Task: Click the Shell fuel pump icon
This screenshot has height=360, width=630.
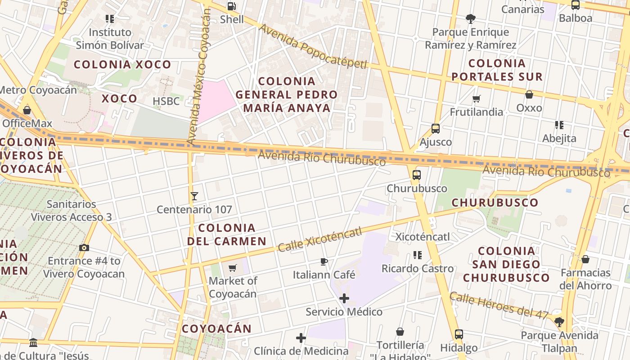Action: tap(231, 6)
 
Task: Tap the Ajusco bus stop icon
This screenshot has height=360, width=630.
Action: tap(435, 129)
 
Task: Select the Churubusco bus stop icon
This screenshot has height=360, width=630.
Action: tap(417, 175)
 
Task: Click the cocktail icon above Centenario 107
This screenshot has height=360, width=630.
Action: tap(194, 196)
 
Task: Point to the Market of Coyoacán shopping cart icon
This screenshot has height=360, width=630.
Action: tap(233, 268)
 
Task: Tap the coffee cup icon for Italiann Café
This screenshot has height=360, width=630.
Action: tap(324, 261)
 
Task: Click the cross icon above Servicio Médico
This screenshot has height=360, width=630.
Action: tap(344, 298)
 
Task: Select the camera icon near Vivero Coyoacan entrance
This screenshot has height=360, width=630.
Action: tap(84, 247)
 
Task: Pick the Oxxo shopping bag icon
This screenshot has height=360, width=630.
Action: tap(529, 94)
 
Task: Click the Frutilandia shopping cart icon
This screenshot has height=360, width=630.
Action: tap(477, 99)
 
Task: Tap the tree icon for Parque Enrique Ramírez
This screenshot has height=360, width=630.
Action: tap(471, 19)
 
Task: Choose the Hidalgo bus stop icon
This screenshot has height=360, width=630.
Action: tap(459, 334)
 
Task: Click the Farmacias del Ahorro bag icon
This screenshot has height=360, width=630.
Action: tap(585, 259)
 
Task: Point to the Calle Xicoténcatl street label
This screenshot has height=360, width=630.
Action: tap(319, 239)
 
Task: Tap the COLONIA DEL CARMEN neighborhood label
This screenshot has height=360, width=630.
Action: tap(227, 234)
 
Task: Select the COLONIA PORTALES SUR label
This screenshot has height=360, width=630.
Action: tap(497, 70)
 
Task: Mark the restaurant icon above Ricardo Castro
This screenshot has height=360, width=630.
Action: tap(418, 255)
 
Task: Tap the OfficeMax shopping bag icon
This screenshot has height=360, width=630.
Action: tap(27, 110)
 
